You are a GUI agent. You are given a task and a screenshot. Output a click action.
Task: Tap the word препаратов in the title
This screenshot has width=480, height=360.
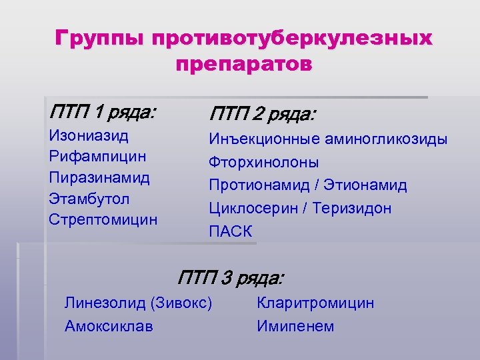point(243,65)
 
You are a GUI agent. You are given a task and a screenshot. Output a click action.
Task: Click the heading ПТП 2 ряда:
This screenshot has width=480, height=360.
point(263,114)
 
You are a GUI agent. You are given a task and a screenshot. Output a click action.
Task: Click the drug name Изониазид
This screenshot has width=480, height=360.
point(89,135)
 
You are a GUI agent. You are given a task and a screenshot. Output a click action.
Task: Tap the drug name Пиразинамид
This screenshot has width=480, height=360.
point(99,177)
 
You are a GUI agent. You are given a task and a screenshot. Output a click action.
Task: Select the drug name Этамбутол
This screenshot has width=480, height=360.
point(89,199)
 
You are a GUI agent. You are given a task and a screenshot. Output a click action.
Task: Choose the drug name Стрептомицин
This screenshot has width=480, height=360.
point(103,219)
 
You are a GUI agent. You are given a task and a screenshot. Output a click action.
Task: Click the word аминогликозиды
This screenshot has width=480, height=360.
point(386,139)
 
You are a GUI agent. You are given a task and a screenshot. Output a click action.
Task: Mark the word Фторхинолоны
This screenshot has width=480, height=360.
point(264,162)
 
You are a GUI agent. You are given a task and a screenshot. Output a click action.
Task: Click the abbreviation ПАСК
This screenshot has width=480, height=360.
point(231,231)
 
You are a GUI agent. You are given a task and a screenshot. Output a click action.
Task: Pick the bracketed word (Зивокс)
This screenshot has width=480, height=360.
point(182,303)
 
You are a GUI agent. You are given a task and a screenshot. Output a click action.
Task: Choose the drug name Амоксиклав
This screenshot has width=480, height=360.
point(109,326)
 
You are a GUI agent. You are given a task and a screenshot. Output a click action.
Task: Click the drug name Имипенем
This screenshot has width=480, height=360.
point(295,326)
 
